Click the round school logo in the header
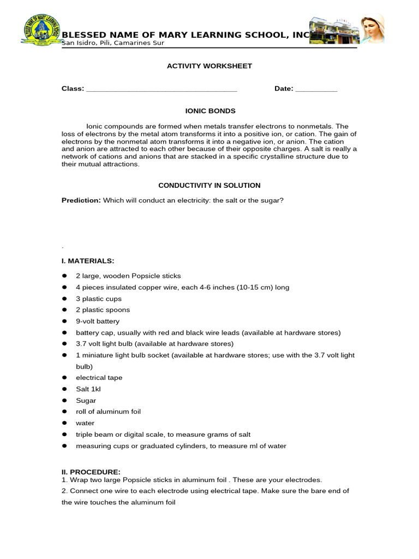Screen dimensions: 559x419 (41, 33)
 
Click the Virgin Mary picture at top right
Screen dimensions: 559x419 (373, 28)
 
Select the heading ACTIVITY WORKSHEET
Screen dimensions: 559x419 (209, 66)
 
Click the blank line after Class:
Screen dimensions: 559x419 (161, 89)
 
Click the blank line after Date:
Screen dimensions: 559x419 (316, 89)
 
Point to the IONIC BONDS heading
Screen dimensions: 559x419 (209, 111)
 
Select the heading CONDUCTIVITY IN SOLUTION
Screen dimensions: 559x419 (209, 186)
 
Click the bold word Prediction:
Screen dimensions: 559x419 (81, 200)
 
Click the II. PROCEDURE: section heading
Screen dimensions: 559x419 (91, 472)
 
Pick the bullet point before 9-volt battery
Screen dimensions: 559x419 (64, 322)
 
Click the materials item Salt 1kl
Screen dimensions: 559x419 (88, 389)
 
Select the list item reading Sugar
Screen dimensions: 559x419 (86, 401)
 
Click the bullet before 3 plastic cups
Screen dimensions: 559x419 (64, 299)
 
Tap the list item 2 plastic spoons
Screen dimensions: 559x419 (103, 310)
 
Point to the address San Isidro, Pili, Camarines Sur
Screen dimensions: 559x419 (113, 44)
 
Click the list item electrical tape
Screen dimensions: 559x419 (99, 378)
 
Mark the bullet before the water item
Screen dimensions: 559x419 (64, 423)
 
